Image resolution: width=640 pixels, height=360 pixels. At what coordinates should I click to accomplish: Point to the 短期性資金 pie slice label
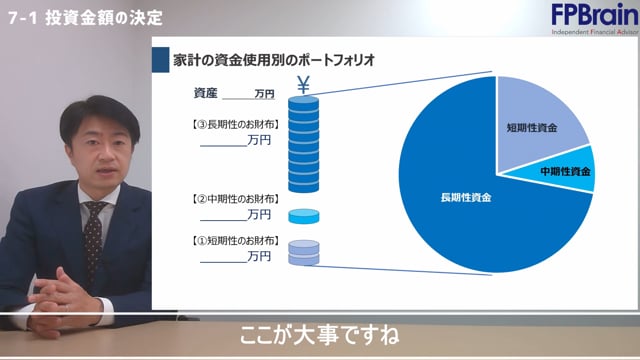532,129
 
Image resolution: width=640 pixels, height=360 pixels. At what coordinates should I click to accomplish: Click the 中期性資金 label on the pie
566,172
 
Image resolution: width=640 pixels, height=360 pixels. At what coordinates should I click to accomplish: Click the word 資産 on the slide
205,93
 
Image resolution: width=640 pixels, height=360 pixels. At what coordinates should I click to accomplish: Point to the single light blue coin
301,215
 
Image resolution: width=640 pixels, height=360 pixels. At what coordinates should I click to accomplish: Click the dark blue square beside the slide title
159,59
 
